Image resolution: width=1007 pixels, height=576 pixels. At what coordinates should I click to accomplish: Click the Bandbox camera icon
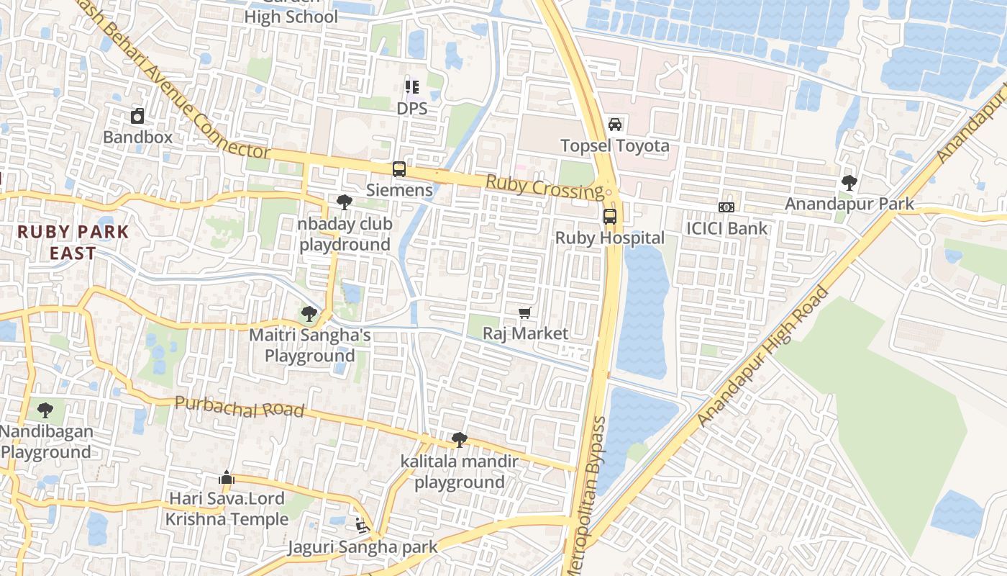click(x=137, y=115)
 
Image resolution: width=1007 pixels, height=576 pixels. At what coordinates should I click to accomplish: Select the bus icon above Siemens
click(x=398, y=169)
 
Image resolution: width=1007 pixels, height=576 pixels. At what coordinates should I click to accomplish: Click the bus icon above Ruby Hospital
click(x=609, y=216)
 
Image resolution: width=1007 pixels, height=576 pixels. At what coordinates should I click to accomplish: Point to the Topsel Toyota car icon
click(x=615, y=125)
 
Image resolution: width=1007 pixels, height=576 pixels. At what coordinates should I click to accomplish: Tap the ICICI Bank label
click(x=726, y=229)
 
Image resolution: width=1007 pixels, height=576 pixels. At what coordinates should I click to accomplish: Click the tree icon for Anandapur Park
click(x=849, y=183)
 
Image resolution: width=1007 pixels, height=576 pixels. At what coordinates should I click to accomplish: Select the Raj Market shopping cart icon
click(x=525, y=312)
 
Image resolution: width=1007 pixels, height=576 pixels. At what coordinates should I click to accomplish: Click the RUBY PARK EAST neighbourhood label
click(x=73, y=243)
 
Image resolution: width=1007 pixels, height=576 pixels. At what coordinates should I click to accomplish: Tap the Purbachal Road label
click(x=240, y=408)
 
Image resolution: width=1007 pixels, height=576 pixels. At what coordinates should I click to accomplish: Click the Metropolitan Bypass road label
click(x=588, y=497)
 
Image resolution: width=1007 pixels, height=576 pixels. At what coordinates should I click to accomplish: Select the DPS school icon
click(x=412, y=87)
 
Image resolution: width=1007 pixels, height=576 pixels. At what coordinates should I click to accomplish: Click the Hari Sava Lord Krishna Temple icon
click(x=226, y=477)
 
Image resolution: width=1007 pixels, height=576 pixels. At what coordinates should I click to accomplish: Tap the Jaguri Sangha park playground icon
click(x=362, y=526)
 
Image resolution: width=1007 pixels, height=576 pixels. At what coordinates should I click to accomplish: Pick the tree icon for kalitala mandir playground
click(x=459, y=440)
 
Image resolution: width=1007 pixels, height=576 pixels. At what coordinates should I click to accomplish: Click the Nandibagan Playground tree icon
click(x=45, y=410)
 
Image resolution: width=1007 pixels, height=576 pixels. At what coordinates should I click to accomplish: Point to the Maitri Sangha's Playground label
click(x=309, y=346)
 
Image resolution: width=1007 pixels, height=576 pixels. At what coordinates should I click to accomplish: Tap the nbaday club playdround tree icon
click(x=345, y=202)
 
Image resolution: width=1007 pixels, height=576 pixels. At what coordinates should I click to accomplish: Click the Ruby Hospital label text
click(x=610, y=238)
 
